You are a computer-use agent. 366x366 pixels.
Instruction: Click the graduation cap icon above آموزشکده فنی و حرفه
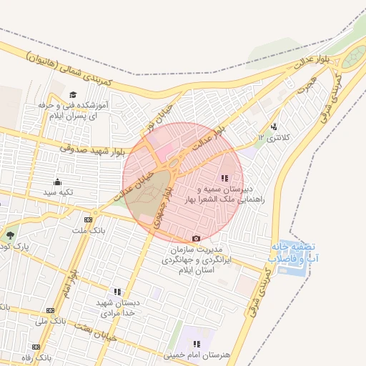[x=73, y=95]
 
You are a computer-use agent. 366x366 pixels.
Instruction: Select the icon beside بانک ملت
[x=88, y=219]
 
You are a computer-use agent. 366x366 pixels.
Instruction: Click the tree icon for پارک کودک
[x=10, y=234]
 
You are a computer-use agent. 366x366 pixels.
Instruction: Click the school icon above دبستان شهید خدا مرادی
[x=117, y=292]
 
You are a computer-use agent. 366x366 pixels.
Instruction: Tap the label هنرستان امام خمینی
[x=193, y=355]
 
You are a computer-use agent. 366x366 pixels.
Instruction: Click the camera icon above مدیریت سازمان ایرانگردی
[x=197, y=238]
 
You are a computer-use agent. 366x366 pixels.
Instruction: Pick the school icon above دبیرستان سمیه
[x=224, y=178]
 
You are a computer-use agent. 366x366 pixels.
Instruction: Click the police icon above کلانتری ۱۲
[x=274, y=127]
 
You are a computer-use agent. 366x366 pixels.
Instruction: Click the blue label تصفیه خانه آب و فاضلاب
[x=294, y=251]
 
